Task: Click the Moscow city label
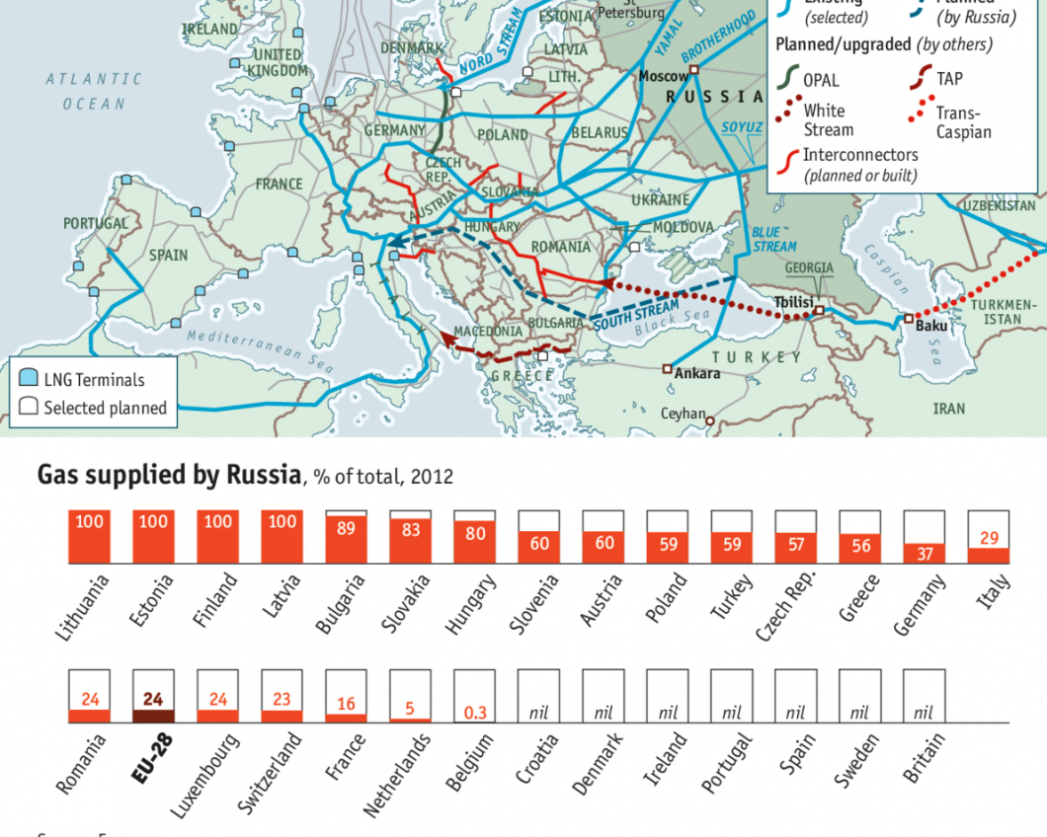[663, 76]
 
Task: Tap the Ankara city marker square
[668, 369]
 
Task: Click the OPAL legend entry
[821, 79]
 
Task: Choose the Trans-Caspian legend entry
[963, 122]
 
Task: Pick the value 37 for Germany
[925, 555]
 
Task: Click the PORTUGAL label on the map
[96, 224]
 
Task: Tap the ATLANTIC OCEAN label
[94, 91]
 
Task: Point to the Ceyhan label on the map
[683, 415]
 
